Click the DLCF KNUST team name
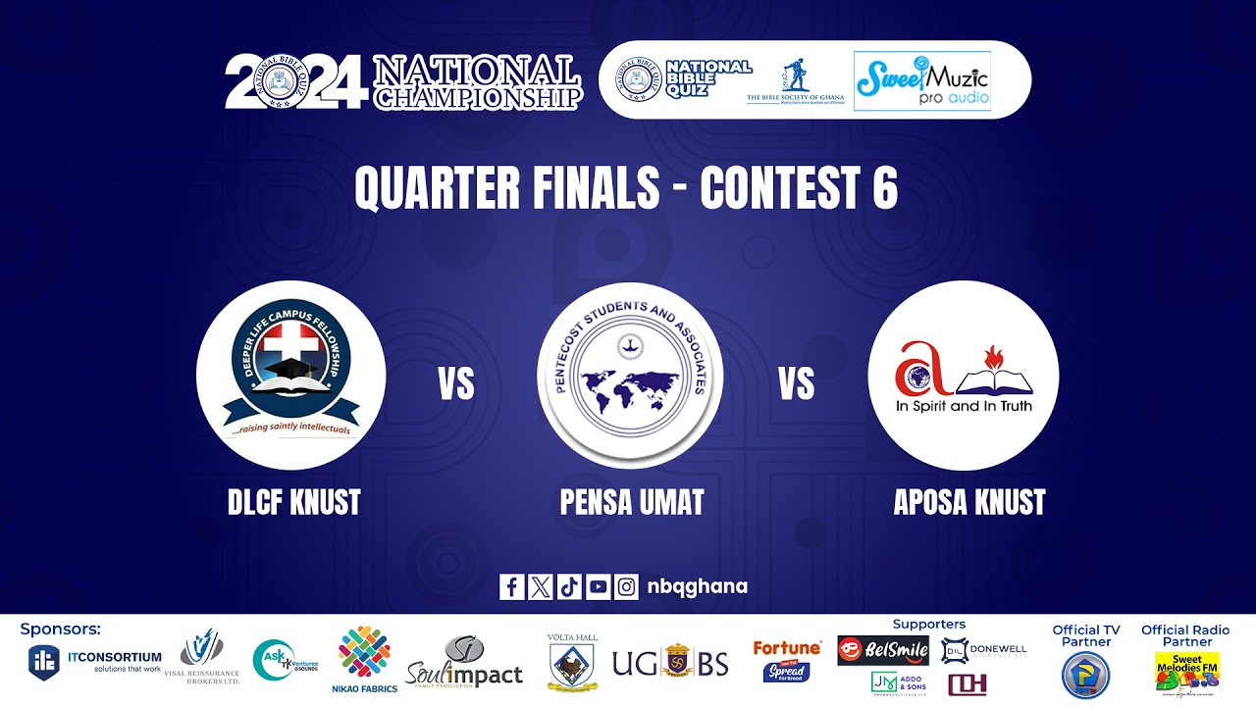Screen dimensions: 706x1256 click(294, 502)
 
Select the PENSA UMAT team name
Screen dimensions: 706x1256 click(632, 502)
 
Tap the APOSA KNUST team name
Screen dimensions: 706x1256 click(969, 502)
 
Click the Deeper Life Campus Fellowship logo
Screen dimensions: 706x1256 click(290, 376)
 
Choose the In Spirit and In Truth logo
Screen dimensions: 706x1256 click(964, 376)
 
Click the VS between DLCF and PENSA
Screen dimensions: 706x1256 click(456, 384)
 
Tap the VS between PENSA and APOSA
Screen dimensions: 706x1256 click(797, 384)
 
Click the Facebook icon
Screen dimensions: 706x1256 click(511, 586)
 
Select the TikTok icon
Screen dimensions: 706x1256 click(569, 586)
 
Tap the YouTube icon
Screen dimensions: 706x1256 click(598, 586)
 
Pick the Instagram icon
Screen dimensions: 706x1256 click(626, 586)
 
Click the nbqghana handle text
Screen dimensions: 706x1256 click(698, 586)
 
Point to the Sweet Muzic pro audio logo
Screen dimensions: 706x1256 click(921, 81)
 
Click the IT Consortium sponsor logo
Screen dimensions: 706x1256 click(95, 661)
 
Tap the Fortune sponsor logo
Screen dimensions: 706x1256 click(787, 660)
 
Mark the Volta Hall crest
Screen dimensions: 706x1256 click(572, 662)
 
